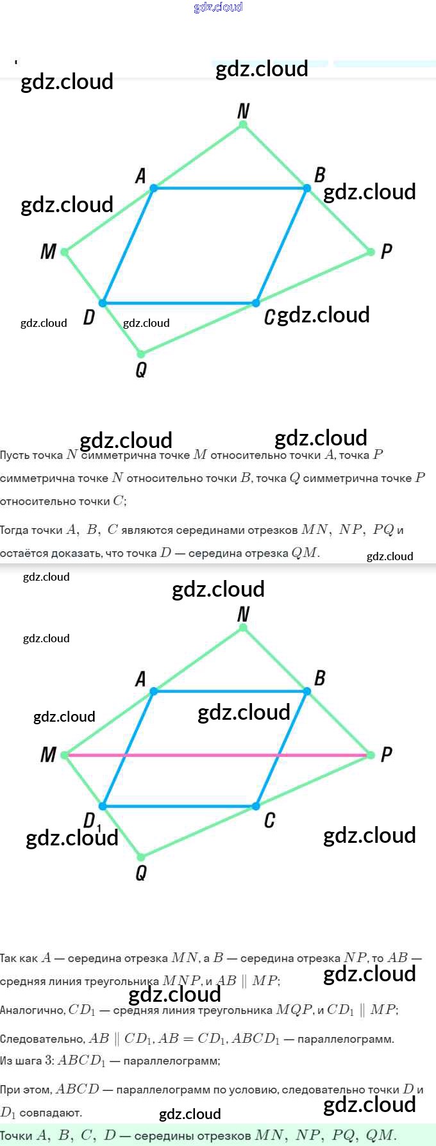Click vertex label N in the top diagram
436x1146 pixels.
pos(243,111)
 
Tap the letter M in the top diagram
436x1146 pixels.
pos(48,252)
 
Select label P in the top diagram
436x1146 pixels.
pos(386,251)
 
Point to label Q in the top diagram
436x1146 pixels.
pos(141,370)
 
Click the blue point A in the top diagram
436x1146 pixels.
pos(153,188)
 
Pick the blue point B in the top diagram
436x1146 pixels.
pos(307,188)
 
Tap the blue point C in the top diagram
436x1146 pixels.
pos(256,303)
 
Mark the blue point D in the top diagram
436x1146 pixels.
pos(103,303)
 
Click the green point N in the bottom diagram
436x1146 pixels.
pos(243,627)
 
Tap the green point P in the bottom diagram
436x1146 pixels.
pos(371,755)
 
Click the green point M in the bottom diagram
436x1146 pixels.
pos(65,755)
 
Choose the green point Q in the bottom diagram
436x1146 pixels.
pos(141,856)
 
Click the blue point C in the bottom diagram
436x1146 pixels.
pos(256,806)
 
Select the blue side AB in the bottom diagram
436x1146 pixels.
pos(230,692)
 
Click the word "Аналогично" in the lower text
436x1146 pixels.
pos(32,1010)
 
